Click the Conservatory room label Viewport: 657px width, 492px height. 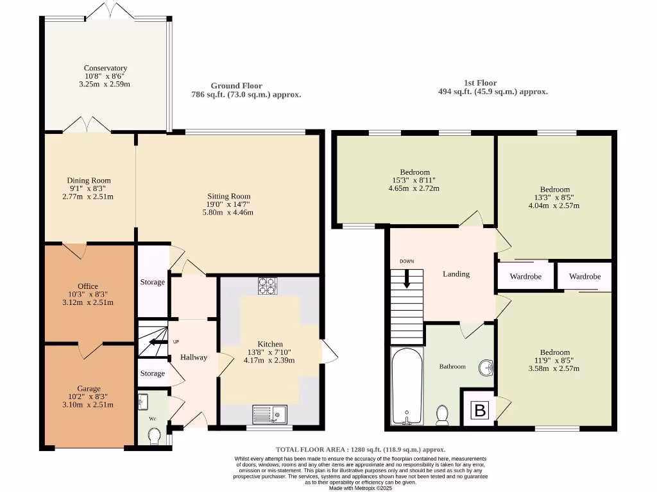click(105, 68)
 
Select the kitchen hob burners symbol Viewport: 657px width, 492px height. click(266, 286)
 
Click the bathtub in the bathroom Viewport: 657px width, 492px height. click(406, 386)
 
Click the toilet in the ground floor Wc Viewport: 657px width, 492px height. click(153, 436)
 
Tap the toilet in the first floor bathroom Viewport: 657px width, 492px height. click(441, 415)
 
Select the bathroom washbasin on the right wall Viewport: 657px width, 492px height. click(486, 368)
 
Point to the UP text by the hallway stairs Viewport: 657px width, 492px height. click(176, 342)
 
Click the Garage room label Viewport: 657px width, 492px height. click(89, 388)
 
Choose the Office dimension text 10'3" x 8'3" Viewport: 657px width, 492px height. click(89, 294)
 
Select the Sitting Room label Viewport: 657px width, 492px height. click(228, 196)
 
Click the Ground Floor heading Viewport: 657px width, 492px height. click(236, 86)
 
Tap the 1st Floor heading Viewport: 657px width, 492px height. click(480, 83)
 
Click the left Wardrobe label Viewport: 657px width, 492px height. click(525, 277)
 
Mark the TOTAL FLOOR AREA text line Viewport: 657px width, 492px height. click(360, 450)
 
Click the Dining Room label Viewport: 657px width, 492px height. click(89, 181)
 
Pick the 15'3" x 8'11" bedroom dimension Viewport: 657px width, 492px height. click(414, 180)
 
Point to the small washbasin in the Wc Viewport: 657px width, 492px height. click(143, 402)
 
